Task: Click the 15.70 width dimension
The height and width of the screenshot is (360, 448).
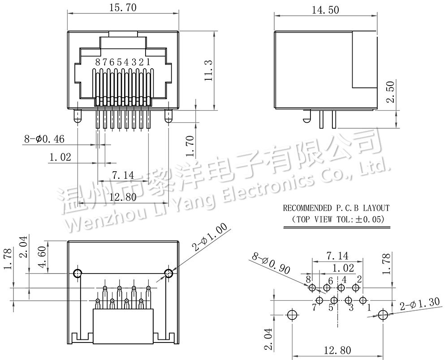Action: click(x=123, y=8)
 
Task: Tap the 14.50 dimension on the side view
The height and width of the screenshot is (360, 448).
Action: click(x=325, y=10)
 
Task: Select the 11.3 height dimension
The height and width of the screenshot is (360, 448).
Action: click(x=209, y=70)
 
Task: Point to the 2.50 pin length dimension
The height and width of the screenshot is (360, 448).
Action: click(x=390, y=92)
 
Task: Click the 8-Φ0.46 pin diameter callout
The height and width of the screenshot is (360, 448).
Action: click(x=44, y=139)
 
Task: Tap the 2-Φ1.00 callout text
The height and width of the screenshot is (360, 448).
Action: click(x=211, y=237)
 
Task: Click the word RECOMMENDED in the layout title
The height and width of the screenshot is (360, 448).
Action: click(x=307, y=208)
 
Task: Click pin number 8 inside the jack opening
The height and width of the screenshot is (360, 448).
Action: click(x=98, y=62)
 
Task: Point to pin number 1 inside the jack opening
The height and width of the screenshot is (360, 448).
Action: click(x=148, y=62)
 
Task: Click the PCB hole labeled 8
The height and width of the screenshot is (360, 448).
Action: click(x=312, y=287)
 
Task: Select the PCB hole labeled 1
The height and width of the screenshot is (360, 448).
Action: click(x=363, y=300)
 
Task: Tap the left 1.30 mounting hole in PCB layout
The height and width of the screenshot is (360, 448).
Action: click(x=292, y=315)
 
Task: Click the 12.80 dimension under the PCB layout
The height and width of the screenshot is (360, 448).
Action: click(x=337, y=350)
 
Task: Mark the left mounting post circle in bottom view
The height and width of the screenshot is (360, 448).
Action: click(x=78, y=274)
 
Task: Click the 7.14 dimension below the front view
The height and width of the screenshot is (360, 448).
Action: click(x=123, y=175)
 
